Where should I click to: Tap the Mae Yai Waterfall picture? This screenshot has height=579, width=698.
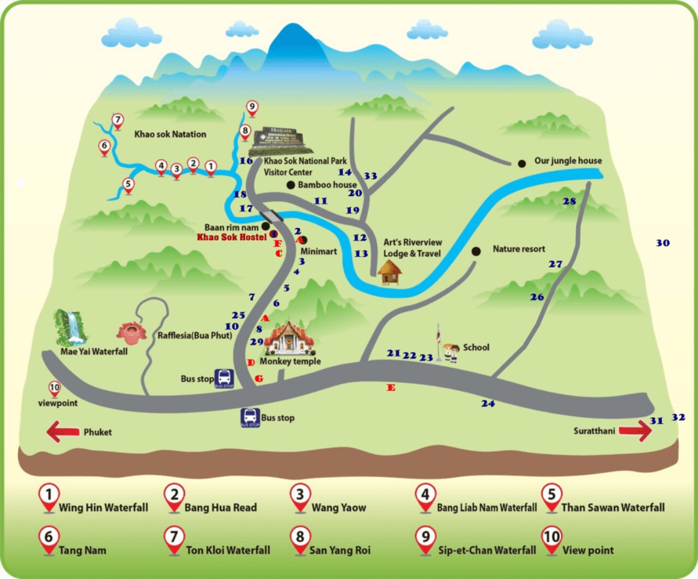[71, 327]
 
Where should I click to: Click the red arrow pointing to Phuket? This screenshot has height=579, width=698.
[63, 432]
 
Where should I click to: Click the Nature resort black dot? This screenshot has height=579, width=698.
[477, 250]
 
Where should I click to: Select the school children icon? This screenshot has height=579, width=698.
[450, 352]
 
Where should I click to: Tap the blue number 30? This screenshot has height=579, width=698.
[662, 243]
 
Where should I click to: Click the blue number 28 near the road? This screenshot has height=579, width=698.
[569, 201]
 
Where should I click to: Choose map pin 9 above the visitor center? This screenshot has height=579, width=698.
[252, 109]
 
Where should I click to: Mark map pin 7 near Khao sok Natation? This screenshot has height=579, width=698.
[118, 120]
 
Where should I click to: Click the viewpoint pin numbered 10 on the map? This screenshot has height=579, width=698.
[54, 388]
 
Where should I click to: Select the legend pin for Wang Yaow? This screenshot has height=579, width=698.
[300, 498]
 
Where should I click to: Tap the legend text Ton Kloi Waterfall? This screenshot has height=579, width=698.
[228, 550]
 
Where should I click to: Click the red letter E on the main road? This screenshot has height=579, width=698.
[391, 388]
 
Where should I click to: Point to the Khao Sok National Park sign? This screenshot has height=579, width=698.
[280, 141]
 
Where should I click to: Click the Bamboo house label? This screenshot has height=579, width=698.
[327, 185]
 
